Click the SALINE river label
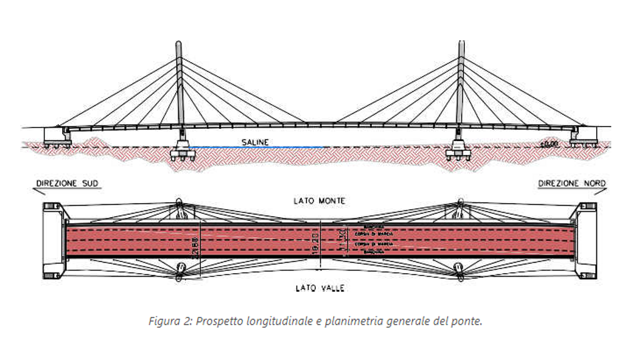(x=256, y=142)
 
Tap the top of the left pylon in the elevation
(x=178, y=45)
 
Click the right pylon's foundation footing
(x=458, y=154)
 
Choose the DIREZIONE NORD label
(x=572, y=184)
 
